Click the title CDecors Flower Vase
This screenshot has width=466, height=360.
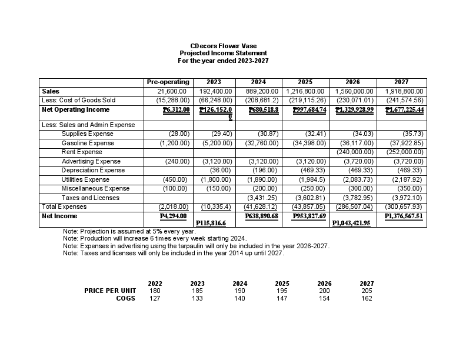tap(223, 46)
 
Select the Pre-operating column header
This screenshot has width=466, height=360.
tap(168, 82)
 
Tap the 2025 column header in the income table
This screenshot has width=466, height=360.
tap(305, 82)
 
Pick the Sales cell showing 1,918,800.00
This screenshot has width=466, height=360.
tap(404, 92)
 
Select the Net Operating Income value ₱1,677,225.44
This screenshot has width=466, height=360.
tap(404, 109)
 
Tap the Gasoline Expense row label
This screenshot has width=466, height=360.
tap(88, 143)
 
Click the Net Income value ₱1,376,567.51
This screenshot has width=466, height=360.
tap(404, 216)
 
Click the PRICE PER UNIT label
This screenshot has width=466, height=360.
tap(110, 291)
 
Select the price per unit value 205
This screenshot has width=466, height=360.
tap(367, 291)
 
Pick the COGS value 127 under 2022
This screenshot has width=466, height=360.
tap(155, 298)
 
